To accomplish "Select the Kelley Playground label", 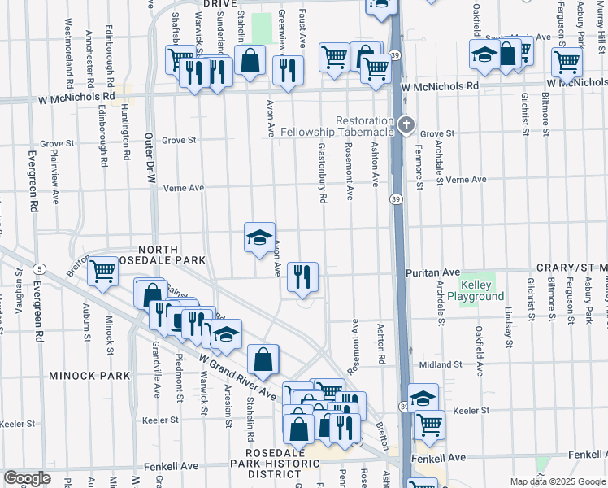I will click(482, 291).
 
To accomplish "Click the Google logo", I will click(28, 478).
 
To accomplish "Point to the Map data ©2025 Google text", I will click(557, 481).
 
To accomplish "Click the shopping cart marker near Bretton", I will click(102, 272).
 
